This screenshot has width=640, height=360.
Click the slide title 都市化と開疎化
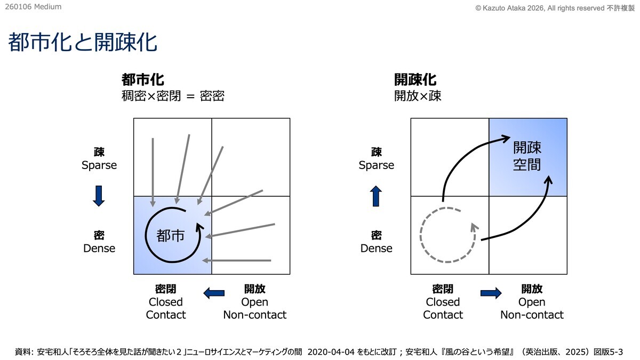pos(83,43)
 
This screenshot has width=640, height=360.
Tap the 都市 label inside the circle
pos(171,235)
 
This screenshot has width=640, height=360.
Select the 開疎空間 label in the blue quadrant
pos(527,156)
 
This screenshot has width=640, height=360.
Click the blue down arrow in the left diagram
pos(99,196)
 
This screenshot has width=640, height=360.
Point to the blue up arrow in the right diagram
pos(377,196)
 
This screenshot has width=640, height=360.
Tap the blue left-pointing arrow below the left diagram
pos(214,292)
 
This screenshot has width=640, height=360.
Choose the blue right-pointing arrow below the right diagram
pos(491,292)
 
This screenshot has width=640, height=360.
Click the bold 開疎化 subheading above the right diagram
pos(415,80)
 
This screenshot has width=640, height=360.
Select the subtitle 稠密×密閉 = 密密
pos(173,96)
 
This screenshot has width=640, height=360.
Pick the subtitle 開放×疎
pos(418,96)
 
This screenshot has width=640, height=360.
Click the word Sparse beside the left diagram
pos(99,165)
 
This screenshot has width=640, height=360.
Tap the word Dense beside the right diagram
pos(377,249)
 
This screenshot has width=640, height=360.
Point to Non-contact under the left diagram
pos(254,315)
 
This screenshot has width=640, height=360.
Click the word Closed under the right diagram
pos(443,302)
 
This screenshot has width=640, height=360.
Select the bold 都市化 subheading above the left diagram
pos(142,80)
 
